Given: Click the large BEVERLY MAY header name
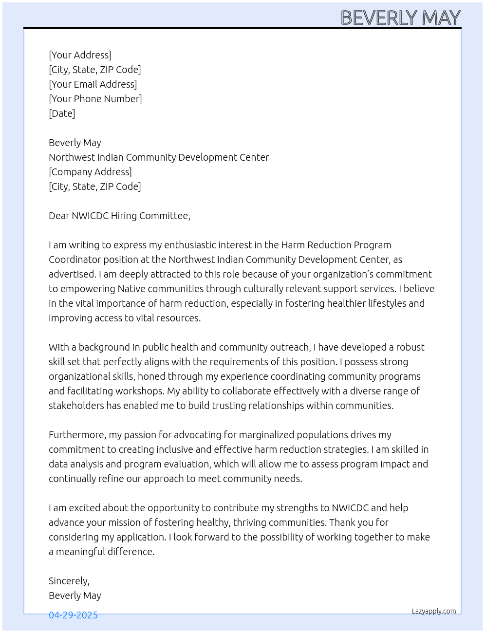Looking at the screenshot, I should [400, 18].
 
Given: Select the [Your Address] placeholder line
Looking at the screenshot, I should [80, 55].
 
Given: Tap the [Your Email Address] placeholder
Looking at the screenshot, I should [93, 84].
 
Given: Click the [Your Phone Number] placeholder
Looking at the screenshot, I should [95, 99].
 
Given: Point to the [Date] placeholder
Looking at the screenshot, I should [62, 113].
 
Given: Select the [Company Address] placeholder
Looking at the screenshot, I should [90, 172].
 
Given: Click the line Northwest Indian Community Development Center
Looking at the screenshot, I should [159, 157].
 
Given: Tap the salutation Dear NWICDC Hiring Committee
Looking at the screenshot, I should [119, 216].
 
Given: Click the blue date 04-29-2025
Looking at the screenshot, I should [73, 615].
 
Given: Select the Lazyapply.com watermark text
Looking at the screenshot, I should [434, 611].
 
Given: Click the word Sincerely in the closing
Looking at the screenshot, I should [69, 581].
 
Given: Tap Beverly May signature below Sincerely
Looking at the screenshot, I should [75, 596].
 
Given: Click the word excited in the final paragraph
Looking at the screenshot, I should [84, 508].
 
